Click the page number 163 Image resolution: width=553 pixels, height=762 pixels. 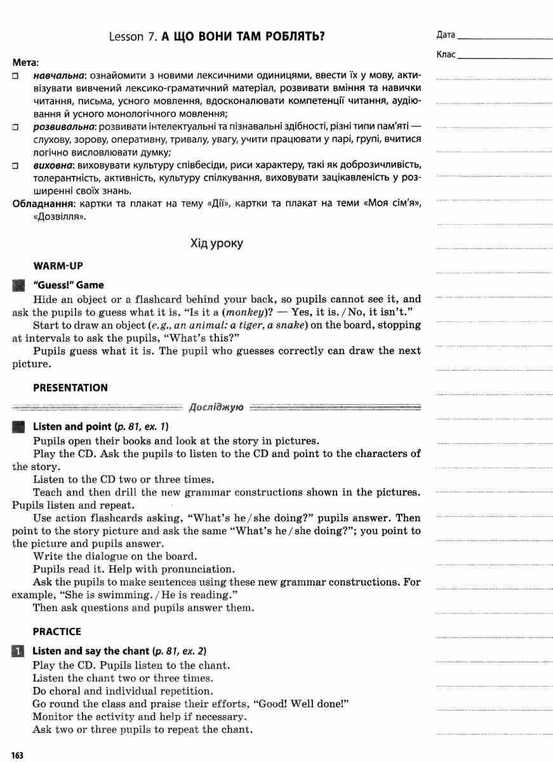pos(17,755)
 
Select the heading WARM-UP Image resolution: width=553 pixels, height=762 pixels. pos(58,265)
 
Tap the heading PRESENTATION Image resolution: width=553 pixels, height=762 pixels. pos(70,387)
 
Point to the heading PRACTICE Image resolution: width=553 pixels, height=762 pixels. pos(57,631)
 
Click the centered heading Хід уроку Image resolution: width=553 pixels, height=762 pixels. pos(217,243)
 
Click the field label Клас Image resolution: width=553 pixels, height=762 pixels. pos(446,55)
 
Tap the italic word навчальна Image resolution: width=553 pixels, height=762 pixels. pos(59,75)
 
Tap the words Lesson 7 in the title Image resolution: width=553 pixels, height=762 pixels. pos(133,36)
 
